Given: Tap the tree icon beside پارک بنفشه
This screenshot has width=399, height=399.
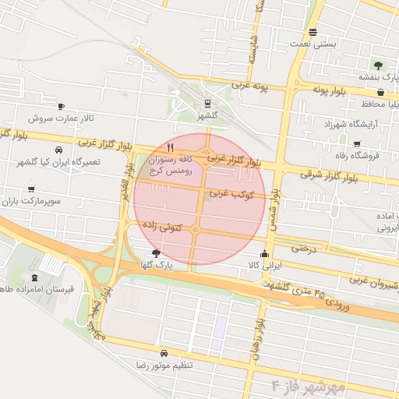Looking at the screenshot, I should [x=378, y=65].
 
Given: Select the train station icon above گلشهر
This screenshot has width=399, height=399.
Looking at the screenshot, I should [x=208, y=103].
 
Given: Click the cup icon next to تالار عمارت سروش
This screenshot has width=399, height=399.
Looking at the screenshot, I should [x=62, y=106].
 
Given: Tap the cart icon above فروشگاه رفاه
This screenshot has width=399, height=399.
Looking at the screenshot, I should [x=357, y=144].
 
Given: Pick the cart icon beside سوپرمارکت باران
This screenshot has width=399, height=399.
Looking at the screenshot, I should [x=31, y=189].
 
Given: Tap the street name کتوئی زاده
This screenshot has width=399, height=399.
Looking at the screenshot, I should [x=161, y=226].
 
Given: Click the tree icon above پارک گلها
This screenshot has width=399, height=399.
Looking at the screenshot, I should [x=156, y=253].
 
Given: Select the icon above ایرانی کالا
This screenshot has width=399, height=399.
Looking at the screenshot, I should [x=264, y=253].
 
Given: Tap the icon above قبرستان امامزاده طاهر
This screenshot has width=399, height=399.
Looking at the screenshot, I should [x=34, y=277].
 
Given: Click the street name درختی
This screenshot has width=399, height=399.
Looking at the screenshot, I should [x=300, y=249].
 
